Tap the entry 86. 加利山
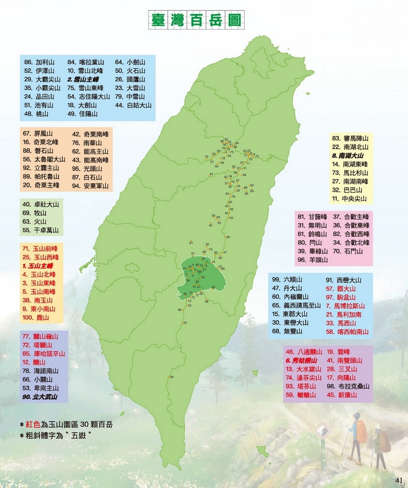39,62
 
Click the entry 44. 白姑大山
133,105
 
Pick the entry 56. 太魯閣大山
44,160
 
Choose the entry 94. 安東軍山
90,186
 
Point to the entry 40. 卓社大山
41,204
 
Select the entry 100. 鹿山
36,317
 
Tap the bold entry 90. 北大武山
40,397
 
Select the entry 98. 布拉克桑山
348,386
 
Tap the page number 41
398,480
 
